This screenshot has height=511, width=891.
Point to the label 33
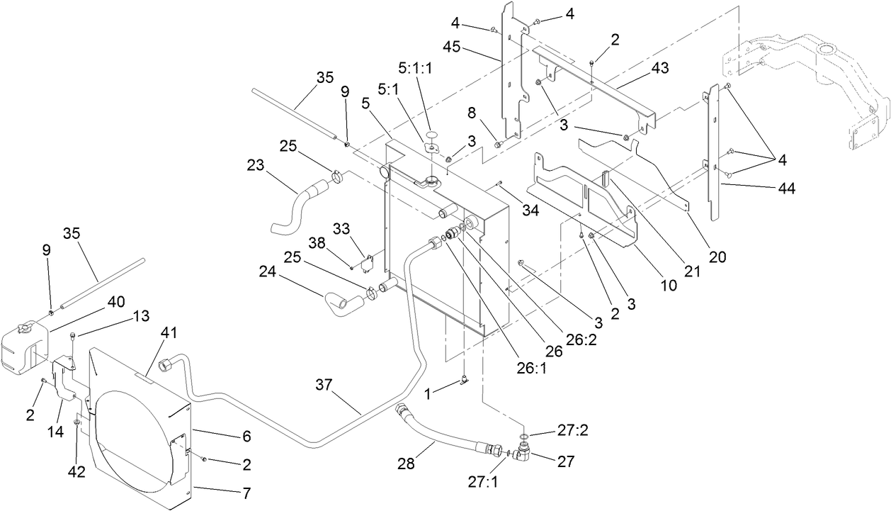coord(342,229)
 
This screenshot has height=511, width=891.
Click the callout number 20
coord(717,257)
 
